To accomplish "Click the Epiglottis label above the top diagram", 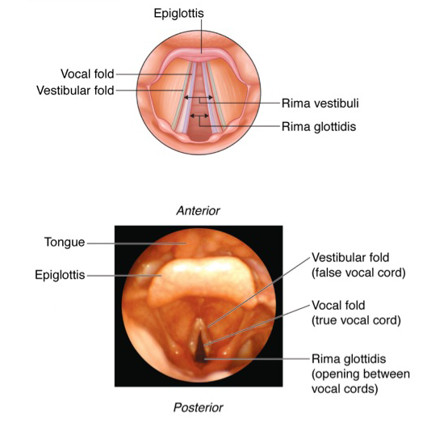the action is click(x=178, y=13).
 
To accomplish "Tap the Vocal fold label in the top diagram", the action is click(x=87, y=74).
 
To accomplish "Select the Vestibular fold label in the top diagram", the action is click(x=75, y=91).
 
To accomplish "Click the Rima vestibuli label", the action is click(x=320, y=103).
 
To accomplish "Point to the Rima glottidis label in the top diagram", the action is click(x=319, y=126).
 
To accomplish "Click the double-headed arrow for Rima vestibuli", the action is click(x=199, y=97).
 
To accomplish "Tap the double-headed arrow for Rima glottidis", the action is click(x=199, y=116).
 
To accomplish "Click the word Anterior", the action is click(x=199, y=210).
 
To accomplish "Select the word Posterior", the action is click(x=199, y=408).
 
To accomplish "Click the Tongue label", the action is click(x=65, y=242).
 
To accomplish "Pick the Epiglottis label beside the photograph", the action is click(x=60, y=275).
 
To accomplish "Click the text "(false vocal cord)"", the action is click(x=358, y=273).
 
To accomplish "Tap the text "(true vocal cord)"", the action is click(x=356, y=320).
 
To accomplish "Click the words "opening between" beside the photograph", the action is click(x=361, y=374).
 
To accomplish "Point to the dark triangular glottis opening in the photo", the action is click(x=200, y=349).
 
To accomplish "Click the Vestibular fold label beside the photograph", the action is click(x=350, y=257).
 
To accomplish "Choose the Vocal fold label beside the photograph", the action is click(x=338, y=305).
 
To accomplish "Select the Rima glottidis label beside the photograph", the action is click(x=349, y=359).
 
